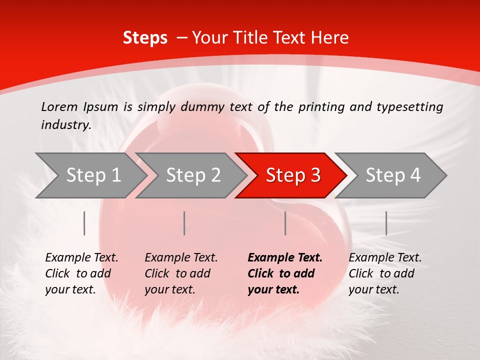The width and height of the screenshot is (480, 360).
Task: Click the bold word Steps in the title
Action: point(145,38)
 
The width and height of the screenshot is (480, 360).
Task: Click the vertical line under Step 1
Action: point(84,223)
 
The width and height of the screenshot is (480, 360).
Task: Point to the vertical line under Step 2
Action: point(184,223)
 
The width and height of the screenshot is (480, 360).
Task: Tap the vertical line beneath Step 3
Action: point(285,223)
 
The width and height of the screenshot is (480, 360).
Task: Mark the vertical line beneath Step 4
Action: point(386,223)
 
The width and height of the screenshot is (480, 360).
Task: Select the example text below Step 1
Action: point(81,273)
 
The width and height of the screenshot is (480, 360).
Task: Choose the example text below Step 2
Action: point(181,273)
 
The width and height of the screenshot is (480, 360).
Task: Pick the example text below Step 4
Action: point(385,273)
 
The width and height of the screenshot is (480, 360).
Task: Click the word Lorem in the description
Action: point(59,107)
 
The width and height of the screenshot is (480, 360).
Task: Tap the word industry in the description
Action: point(65,125)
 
